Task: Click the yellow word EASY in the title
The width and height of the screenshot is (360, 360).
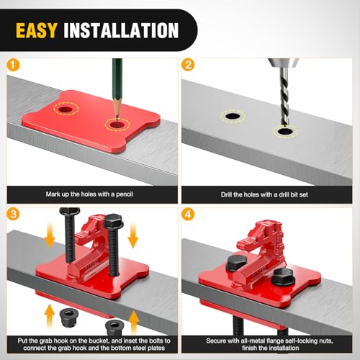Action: coord(37,30)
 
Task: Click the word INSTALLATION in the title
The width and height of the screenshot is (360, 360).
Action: coord(121,30)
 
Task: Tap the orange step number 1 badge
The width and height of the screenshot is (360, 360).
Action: coord(13,65)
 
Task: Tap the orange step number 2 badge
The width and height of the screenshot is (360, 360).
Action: coord(188,65)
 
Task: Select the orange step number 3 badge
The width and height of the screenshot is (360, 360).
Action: coord(13,214)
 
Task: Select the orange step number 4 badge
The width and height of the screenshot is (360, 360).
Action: coord(188,215)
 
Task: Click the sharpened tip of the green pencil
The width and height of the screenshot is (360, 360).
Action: coord(117,117)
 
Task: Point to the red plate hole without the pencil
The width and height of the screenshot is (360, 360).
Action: coord(66,110)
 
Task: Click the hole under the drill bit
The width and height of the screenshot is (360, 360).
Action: coord(285,131)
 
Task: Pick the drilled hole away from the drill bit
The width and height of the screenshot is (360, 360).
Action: coord(233,117)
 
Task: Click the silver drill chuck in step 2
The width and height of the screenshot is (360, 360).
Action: coord(284,63)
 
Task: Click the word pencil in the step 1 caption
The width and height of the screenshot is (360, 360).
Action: coord(125,194)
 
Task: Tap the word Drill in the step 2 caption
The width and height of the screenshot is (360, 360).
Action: coord(226,194)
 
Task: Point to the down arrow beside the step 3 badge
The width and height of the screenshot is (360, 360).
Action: coord(50,235)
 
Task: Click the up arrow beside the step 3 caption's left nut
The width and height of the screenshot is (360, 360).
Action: coord(50,315)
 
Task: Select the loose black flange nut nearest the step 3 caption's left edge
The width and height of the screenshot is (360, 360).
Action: coord(68,317)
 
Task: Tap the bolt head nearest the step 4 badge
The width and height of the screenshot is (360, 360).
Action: coord(236,264)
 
